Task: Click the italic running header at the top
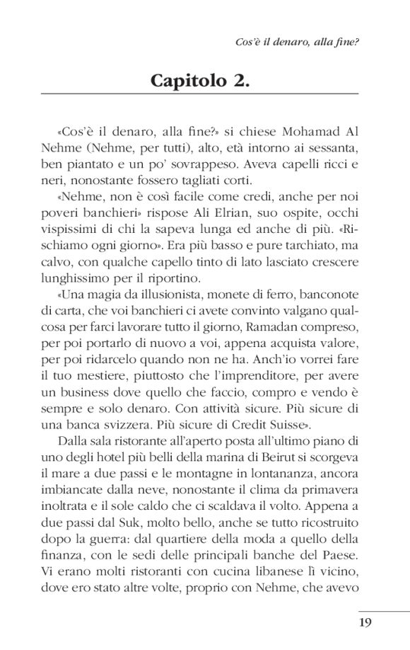[297, 42]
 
